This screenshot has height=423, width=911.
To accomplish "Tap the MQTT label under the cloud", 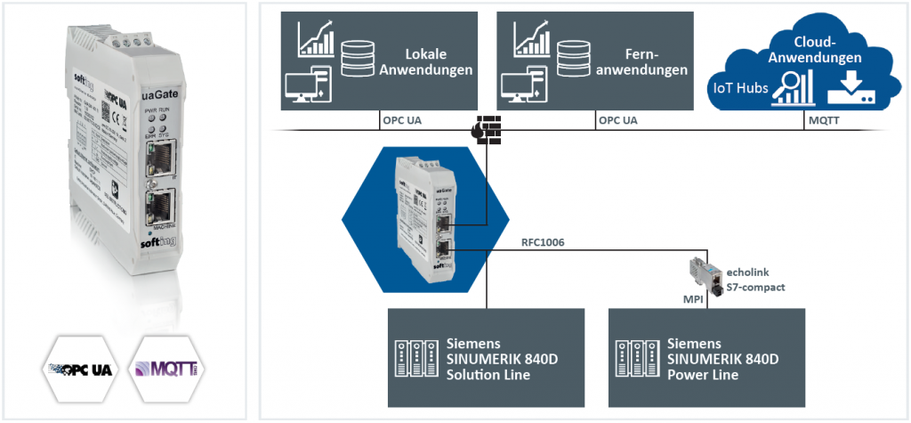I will (820, 118).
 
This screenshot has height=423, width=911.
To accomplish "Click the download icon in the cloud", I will (849, 90).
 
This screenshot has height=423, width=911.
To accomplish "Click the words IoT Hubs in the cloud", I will (737, 86).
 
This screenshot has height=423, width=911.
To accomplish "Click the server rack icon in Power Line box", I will (638, 358).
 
